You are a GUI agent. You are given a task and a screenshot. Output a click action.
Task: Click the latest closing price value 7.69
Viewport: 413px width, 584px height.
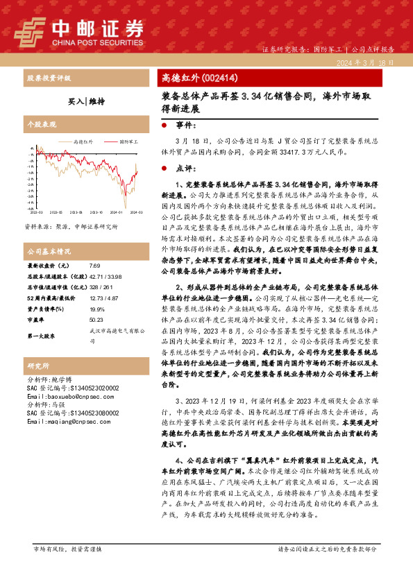95,266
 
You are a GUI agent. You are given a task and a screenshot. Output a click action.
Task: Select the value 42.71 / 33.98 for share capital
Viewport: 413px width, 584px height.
105,275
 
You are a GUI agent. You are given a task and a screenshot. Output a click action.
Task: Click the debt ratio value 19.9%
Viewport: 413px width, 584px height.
96,309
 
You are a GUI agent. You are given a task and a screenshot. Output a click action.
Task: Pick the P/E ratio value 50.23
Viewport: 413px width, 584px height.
96,320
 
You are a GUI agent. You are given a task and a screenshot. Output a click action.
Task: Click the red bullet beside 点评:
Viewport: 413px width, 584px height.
163,168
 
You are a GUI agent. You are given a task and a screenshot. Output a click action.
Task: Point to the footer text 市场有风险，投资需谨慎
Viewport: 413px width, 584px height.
67,568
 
